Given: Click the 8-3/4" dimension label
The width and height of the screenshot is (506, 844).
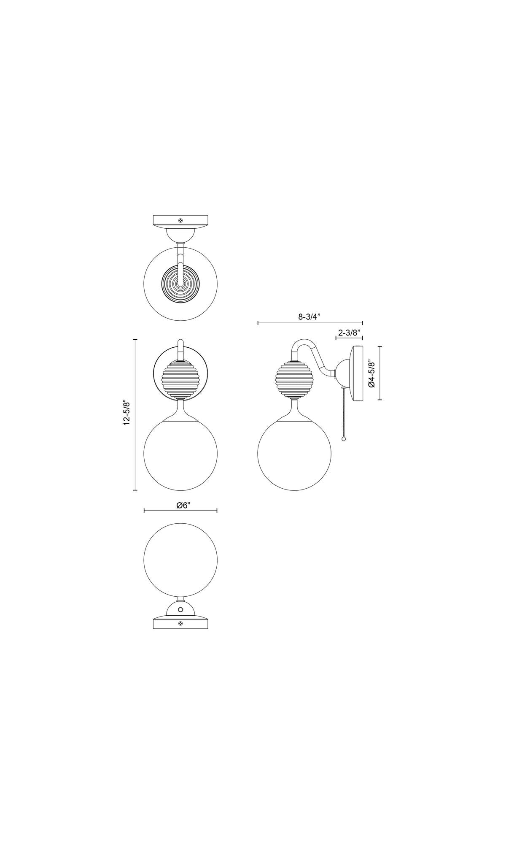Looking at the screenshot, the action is click(x=310, y=316).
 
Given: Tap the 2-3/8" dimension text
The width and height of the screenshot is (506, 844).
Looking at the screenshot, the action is click(x=350, y=333).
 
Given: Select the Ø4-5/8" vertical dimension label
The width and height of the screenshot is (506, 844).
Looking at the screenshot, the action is click(x=371, y=373).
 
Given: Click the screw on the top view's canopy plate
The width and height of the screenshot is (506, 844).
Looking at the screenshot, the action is click(x=180, y=220).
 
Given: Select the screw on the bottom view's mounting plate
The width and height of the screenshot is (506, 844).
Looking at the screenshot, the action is click(x=180, y=623).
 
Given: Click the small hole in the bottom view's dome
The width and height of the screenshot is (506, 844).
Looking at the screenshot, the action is click(x=180, y=609).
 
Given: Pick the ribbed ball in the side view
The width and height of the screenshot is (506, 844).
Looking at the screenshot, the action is click(x=294, y=379).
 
